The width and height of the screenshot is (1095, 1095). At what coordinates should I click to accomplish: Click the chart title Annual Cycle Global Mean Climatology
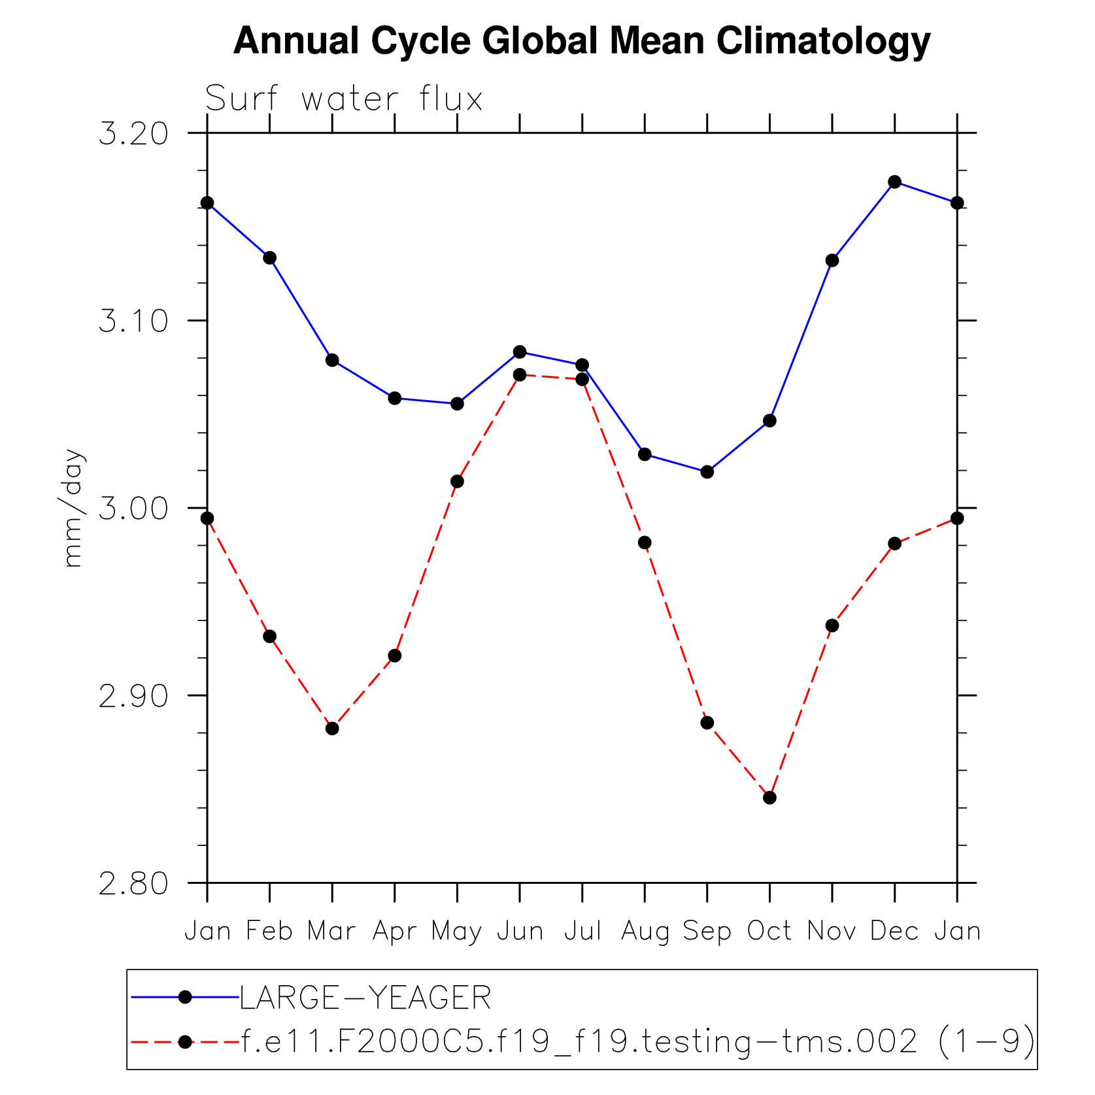(581, 41)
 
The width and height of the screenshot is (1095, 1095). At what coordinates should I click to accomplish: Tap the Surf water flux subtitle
(344, 99)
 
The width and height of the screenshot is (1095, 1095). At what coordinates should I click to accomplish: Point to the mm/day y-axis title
(73, 508)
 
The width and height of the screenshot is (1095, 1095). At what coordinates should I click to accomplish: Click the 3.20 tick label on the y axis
(133, 133)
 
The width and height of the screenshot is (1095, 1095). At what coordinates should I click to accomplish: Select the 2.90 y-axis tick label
(133, 696)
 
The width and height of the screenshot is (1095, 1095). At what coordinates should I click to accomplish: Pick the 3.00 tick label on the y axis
(133, 509)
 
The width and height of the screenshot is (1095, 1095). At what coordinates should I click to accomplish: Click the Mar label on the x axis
(331, 931)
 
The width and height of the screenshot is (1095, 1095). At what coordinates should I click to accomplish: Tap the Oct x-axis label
(769, 931)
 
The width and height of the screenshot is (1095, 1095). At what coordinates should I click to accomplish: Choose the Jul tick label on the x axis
(582, 931)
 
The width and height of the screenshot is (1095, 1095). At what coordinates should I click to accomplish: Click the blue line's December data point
(895, 182)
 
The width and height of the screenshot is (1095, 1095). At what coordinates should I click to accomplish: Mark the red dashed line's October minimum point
(769, 798)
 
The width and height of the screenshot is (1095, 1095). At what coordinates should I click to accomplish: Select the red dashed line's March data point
(332, 728)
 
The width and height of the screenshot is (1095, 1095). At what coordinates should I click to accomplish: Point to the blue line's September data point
(707, 472)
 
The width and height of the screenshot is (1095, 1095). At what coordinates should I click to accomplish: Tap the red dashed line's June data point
(520, 375)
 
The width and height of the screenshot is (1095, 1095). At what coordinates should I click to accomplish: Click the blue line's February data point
(269, 258)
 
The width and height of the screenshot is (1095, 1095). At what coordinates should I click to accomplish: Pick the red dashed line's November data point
(832, 626)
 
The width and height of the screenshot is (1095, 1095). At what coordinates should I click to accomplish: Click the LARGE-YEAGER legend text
(365, 998)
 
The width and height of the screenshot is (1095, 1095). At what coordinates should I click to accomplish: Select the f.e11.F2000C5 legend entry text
(638, 1041)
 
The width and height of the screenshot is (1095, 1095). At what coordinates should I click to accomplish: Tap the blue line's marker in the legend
(185, 997)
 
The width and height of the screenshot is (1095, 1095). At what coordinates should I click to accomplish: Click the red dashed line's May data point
(458, 482)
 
